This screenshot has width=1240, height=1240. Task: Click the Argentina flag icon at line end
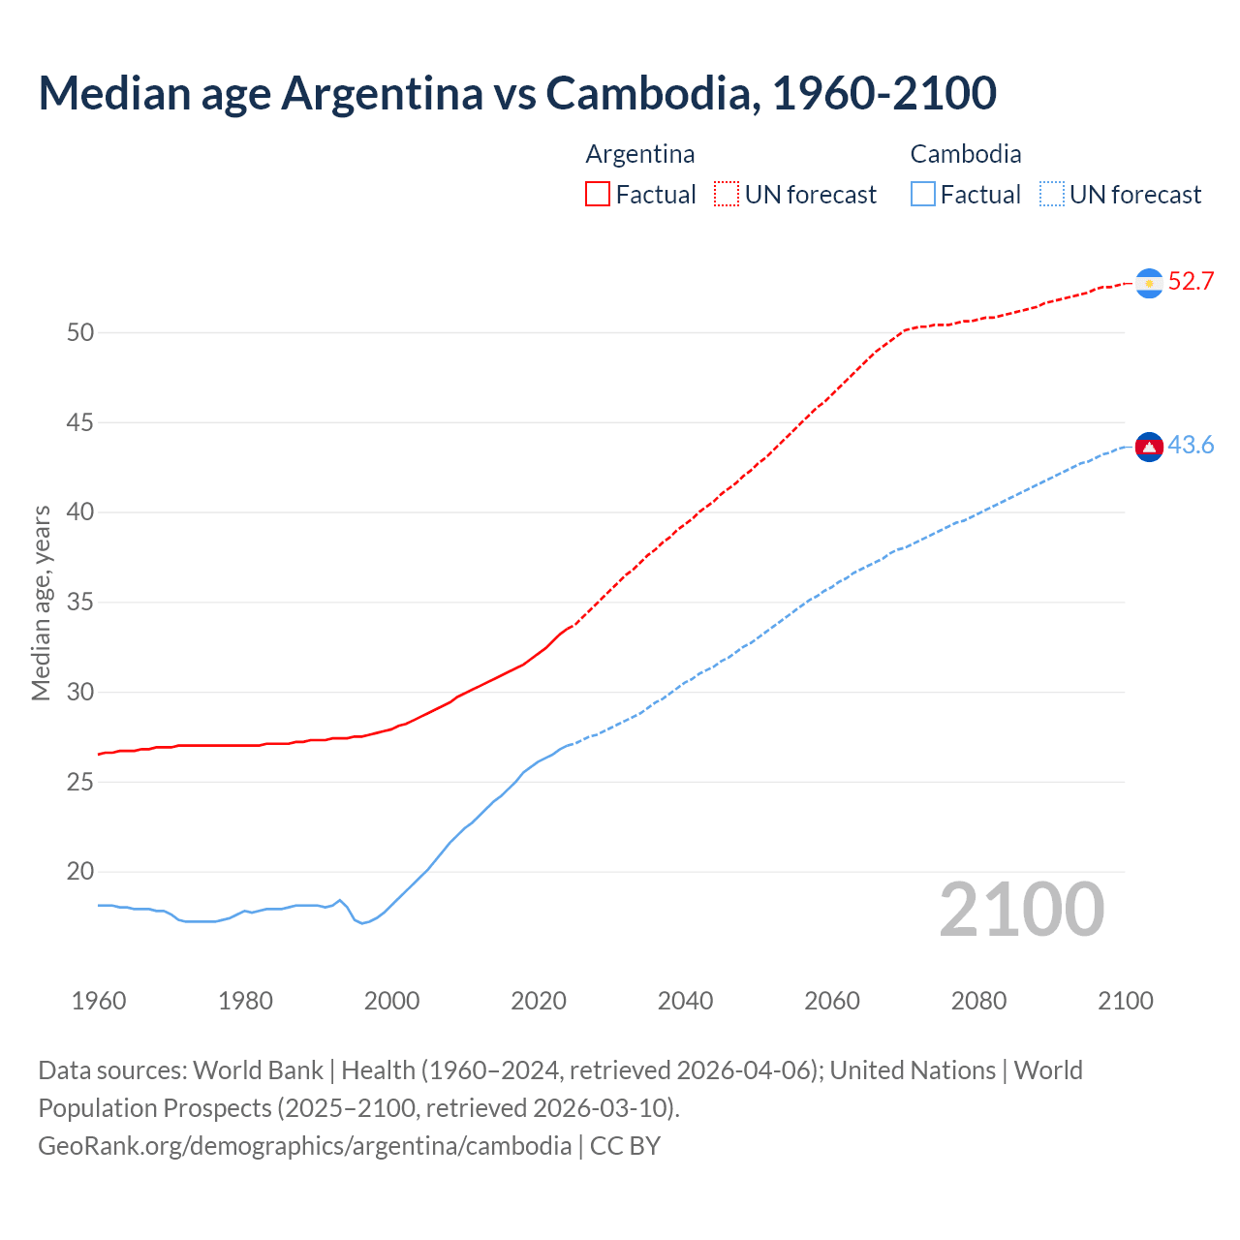1149,283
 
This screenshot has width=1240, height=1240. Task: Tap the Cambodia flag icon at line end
1149,447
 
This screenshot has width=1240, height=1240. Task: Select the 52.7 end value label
1191,282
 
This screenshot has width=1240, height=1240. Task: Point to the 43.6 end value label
1191,446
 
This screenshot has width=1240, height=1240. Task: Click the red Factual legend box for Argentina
598,195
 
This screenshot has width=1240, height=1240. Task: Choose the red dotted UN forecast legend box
727,195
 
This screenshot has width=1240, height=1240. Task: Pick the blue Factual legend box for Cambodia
923,195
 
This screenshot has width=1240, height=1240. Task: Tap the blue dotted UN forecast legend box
1052,195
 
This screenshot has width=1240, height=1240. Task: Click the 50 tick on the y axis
80,332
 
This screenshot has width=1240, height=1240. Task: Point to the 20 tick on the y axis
80,872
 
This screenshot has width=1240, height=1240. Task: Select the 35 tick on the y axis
80,603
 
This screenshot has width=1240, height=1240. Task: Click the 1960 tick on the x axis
99,1001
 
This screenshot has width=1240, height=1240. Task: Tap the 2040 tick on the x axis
685,1001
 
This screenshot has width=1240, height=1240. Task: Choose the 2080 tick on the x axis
978,1001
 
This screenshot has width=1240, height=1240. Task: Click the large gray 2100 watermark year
1021,909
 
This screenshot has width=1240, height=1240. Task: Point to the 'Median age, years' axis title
41,603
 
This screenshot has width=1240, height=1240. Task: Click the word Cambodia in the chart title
647,93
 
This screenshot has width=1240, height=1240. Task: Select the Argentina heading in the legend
640,154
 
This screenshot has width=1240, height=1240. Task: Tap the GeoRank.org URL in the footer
304,1146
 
